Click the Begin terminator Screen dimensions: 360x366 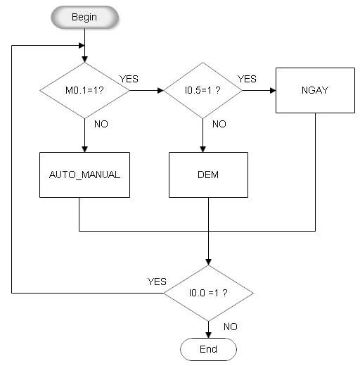coord(84,18)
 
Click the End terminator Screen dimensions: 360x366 coord(208,349)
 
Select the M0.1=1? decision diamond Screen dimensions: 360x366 coord(84,90)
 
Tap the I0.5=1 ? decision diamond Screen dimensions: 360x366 coord(202,90)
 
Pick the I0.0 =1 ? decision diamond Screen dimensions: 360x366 coord(208,293)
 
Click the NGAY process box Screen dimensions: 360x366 coord(315,90)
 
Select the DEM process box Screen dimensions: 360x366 coord(208,175)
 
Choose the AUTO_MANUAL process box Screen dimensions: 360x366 coord(84,175)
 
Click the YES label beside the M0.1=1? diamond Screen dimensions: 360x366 coord(129,79)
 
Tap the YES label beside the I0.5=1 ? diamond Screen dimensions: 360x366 coord(247,79)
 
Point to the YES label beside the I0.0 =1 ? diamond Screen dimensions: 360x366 coord(157,282)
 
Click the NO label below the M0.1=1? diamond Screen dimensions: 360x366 coord(101,124)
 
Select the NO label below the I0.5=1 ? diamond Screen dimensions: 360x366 coord(219,124)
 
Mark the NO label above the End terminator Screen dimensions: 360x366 coord(231,327)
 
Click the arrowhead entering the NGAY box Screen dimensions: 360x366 coord(273,90)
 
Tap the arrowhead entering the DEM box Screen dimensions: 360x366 coord(202,149)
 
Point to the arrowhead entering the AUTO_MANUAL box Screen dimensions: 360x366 coord(84,149)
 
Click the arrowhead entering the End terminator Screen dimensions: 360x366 coord(208,335)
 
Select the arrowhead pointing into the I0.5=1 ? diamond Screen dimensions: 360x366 coord(160,90)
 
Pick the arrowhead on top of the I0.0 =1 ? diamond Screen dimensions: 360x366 coord(208,263)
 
